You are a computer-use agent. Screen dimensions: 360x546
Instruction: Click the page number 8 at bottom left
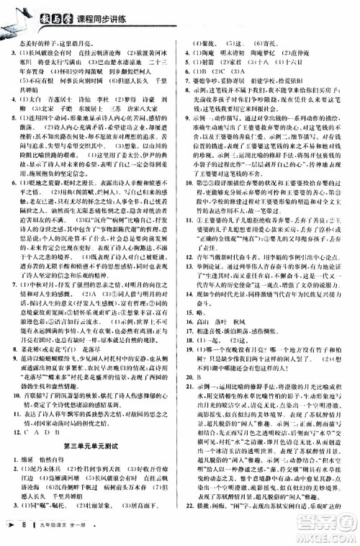coord(24,532)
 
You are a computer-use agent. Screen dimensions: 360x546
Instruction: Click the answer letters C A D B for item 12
coord(42,432)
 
